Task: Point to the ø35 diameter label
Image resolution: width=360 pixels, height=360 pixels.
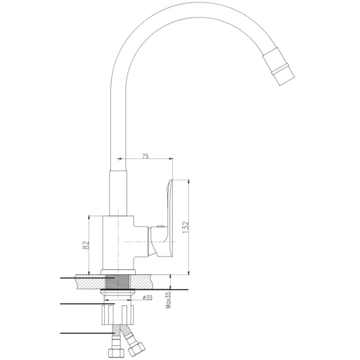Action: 147,298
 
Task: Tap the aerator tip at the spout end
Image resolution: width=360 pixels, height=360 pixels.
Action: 279,67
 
